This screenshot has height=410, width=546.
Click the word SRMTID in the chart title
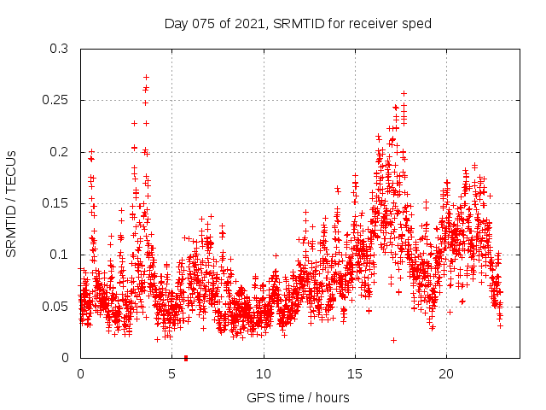coord(302,23)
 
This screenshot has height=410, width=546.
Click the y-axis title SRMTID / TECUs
coord(11,203)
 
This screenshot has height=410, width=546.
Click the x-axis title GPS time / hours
coord(298,397)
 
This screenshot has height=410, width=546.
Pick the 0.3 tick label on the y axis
coord(59,49)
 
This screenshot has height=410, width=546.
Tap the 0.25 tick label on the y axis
coord(55,100)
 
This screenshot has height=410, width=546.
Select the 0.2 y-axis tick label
coord(59,152)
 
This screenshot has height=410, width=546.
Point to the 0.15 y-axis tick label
coord(55,203)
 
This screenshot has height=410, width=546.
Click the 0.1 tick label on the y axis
coord(59,255)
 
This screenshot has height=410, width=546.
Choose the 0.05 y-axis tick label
coord(55,306)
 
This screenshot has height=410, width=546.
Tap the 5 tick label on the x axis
coord(171,374)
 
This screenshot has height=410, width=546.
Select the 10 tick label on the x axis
coord(263,374)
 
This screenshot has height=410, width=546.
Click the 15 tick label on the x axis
coord(354,374)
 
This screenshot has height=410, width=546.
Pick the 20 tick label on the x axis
coord(445,374)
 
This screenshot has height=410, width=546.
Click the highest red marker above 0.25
coord(146,77)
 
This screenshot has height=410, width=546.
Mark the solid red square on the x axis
coord(186,357)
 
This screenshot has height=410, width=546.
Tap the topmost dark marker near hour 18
coord(404,93)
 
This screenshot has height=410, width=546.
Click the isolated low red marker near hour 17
coord(393,340)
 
